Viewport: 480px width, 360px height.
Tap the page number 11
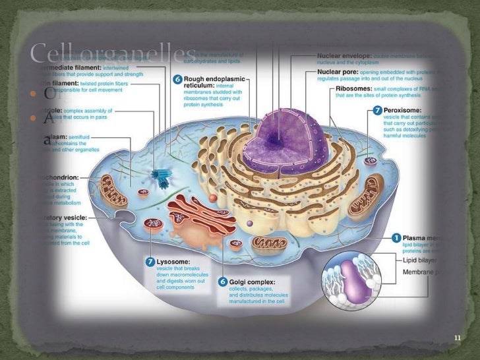pos(458,338)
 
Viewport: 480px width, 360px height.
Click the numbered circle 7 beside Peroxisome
pos(376,109)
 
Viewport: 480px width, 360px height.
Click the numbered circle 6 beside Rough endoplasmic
pos(178,78)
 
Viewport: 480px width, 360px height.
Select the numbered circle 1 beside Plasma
pos(396,237)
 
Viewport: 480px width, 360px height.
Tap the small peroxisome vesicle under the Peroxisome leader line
pos(371,161)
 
